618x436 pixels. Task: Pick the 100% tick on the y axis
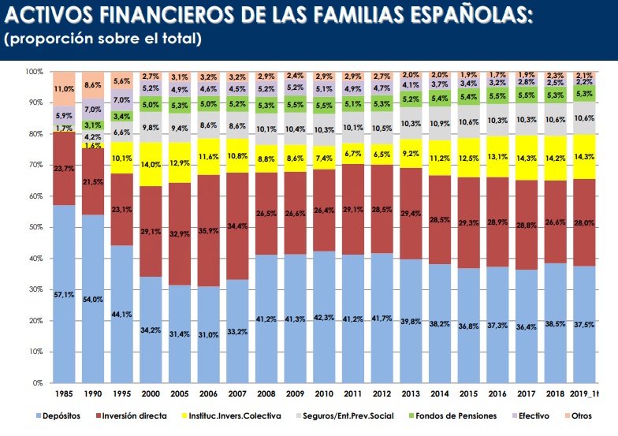[33, 72]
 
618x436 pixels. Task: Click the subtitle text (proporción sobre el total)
[102, 38]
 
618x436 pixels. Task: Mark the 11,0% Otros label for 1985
[63, 90]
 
